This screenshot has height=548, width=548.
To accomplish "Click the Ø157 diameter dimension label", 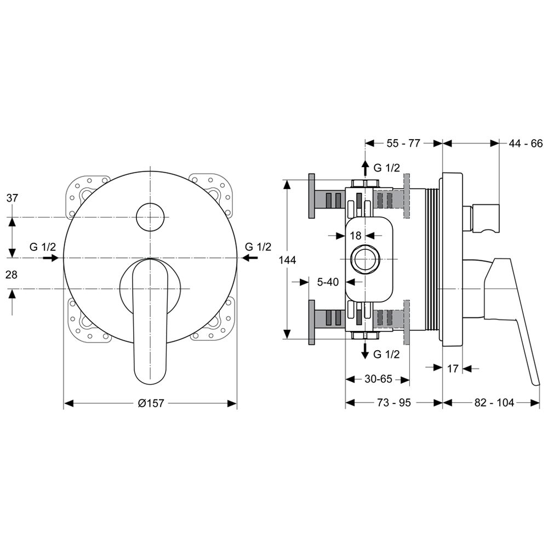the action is (x=151, y=403).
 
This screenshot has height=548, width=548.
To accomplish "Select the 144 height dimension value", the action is (x=288, y=260).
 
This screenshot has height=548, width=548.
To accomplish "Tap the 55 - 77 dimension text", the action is (x=403, y=143).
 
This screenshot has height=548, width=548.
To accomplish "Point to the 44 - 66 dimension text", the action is (x=526, y=143).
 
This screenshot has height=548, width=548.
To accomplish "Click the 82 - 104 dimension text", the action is (x=494, y=403).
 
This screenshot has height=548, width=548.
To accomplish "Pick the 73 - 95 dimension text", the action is (x=394, y=403).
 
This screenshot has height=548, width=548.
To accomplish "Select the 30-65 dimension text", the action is (x=379, y=379).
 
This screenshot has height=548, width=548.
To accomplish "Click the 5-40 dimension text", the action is (x=328, y=282).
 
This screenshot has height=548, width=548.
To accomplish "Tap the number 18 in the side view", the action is (x=356, y=236).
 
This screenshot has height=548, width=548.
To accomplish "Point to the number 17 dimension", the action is (x=453, y=368).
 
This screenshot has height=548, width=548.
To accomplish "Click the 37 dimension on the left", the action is (x=12, y=198).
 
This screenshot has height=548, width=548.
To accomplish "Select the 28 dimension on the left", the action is (x=12, y=275).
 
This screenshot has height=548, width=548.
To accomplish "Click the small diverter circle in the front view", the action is (x=150, y=216).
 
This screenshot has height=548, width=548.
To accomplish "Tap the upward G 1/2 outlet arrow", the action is (x=365, y=168).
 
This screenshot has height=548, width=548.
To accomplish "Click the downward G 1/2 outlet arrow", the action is (x=365, y=351).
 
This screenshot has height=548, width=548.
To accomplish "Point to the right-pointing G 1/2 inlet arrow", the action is (x=50, y=258).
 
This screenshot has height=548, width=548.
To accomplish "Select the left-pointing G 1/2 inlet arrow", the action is (x=250, y=258).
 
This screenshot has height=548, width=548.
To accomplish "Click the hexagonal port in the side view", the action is (x=365, y=259).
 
